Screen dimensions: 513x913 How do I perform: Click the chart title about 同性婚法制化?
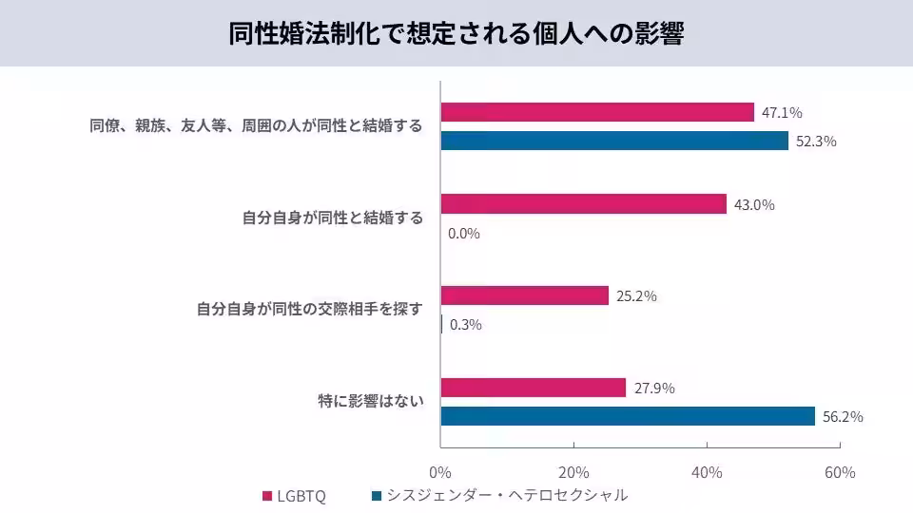coord(456,33)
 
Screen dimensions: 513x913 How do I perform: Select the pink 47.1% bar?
coord(597,112)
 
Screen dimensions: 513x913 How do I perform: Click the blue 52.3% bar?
coord(614,141)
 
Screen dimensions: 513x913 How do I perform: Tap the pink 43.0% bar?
coord(583,204)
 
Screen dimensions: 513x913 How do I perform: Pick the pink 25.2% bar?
coord(524,295)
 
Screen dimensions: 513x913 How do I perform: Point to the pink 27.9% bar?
coord(533,388)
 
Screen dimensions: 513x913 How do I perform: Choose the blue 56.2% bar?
coord(628,416)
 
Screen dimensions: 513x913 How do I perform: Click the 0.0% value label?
coord(464,234)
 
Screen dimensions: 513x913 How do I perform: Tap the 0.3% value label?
coord(465,325)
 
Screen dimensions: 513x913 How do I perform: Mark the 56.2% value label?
coord(843,416)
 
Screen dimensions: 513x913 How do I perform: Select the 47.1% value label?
coord(782,113)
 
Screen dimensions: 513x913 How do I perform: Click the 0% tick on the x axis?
coord(440,472)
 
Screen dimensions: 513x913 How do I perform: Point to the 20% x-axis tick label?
coord(573,472)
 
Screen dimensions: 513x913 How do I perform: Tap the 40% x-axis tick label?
coord(707,472)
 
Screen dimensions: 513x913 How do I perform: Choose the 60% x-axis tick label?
coord(840,472)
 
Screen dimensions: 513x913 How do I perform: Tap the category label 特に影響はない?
coord(370,402)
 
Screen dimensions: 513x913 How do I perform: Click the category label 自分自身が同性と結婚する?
coord(332,218)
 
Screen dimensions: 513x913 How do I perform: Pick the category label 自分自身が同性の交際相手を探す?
coord(309,310)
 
